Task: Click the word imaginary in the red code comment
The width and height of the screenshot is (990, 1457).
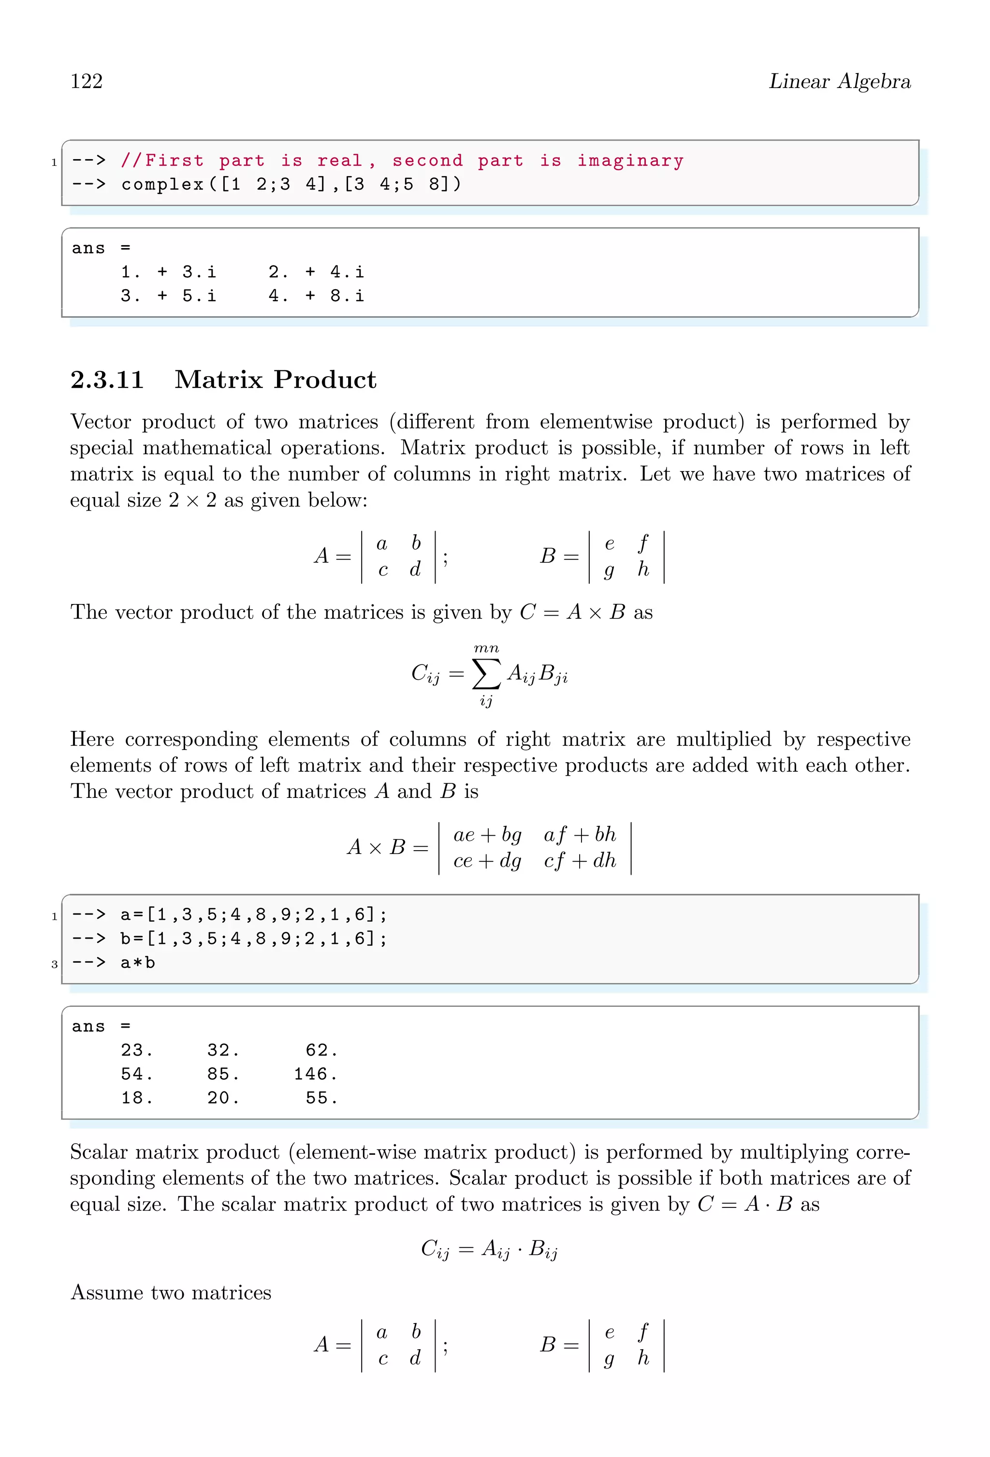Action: point(630,161)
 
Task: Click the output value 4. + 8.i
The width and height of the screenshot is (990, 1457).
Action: point(316,295)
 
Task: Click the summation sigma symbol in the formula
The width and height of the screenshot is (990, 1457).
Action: point(486,673)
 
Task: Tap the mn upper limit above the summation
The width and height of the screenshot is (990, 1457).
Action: point(486,648)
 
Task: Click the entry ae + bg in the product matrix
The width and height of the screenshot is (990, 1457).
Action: point(487,835)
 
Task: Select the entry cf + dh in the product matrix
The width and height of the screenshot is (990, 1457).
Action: point(580,860)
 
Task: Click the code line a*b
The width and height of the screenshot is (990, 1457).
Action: point(137,962)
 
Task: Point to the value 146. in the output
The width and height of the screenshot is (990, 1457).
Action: point(315,1074)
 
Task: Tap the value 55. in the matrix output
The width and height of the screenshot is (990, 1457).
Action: point(321,1098)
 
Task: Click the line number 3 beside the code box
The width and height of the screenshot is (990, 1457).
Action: point(55,964)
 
